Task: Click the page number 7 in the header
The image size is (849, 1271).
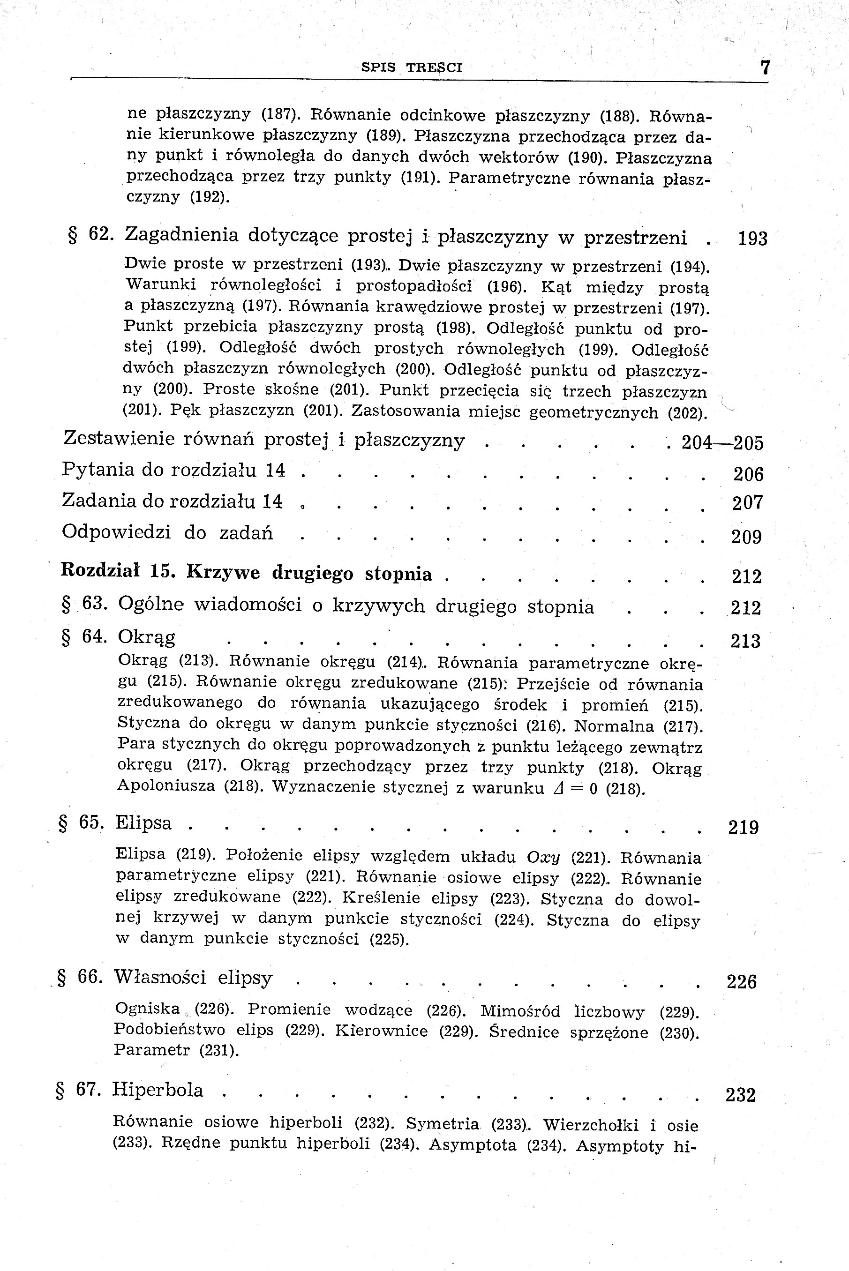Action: tap(765, 67)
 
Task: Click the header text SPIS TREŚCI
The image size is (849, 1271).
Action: tap(412, 67)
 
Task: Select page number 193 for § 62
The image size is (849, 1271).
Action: tap(752, 239)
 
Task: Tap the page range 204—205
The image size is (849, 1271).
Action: tap(722, 443)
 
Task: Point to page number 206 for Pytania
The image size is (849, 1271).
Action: tap(748, 474)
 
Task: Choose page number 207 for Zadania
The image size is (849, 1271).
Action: tap(747, 503)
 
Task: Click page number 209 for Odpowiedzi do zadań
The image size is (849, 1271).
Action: tap(747, 537)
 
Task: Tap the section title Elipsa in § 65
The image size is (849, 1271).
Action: tap(143, 823)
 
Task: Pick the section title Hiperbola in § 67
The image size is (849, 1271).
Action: tap(158, 1090)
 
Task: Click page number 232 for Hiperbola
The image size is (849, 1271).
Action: tap(740, 1095)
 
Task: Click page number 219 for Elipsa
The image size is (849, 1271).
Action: tap(743, 828)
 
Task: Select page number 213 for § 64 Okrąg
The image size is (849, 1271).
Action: tap(745, 642)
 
